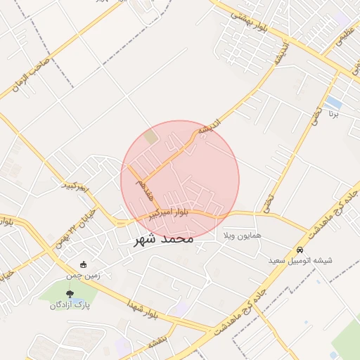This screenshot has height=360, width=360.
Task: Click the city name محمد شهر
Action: [x=162, y=240]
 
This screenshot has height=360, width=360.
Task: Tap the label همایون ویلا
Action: [x=243, y=235]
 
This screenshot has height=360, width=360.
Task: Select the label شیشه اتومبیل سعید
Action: [x=300, y=261]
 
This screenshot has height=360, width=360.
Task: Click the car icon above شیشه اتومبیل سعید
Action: [x=300, y=250]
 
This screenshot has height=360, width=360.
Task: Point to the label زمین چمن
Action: [x=84, y=276]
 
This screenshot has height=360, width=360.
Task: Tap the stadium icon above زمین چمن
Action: [x=84, y=265]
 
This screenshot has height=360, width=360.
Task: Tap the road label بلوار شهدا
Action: [x=143, y=310]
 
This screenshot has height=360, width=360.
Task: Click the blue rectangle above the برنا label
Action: [x=333, y=103]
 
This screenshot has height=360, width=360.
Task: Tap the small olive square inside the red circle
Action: [x=151, y=137]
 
